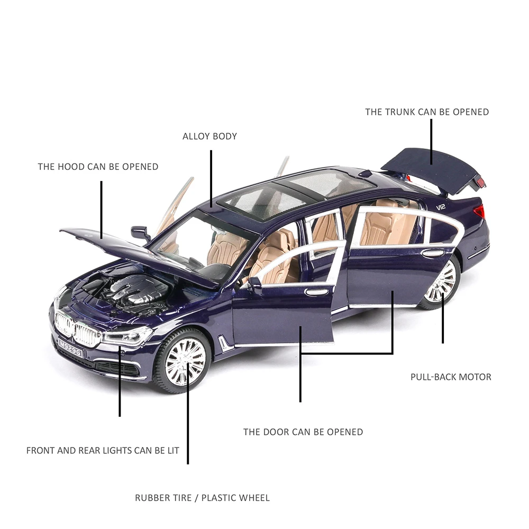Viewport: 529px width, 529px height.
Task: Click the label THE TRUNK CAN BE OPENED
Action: pyautogui.click(x=427, y=112)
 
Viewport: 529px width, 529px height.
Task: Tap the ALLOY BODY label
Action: pyautogui.click(x=209, y=136)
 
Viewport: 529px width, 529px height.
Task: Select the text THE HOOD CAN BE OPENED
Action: pyautogui.click(x=98, y=167)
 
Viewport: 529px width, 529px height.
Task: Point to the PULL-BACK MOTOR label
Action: pyautogui.click(x=451, y=377)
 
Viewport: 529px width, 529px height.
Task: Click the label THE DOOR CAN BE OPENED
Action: pyautogui.click(x=303, y=432)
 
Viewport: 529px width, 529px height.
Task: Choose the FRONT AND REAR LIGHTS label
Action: pyautogui.click(x=103, y=450)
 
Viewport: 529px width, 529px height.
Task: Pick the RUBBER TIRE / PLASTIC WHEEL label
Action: pyautogui.click(x=203, y=498)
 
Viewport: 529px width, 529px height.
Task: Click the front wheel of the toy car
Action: pyautogui.click(x=183, y=361)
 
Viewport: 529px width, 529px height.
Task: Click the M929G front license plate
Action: pyautogui.click(x=70, y=348)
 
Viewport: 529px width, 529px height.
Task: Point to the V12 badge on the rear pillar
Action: pyautogui.click(x=441, y=207)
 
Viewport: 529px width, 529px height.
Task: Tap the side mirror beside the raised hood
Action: pyautogui.click(x=140, y=233)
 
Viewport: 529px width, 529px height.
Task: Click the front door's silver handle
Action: pyautogui.click(x=316, y=292)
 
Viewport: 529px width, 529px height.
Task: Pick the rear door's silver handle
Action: pyautogui.click(x=433, y=253)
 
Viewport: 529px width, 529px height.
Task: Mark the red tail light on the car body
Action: pyautogui.click(x=479, y=212)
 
